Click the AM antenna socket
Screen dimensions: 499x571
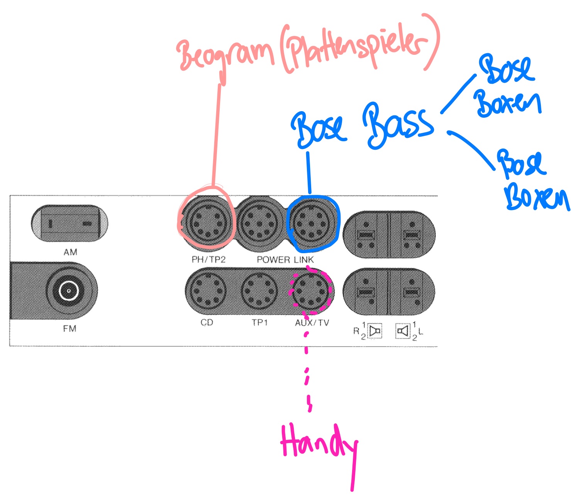pyautogui.click(x=69, y=224)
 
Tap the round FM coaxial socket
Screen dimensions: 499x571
pyautogui.click(x=69, y=291)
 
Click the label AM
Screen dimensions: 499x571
pyautogui.click(x=70, y=252)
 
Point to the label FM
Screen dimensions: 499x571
pyautogui.click(x=69, y=329)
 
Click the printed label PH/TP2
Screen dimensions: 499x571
pyautogui.click(x=208, y=260)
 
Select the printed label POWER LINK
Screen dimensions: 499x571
pyautogui.click(x=285, y=260)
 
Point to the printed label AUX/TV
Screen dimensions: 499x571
pyautogui.click(x=312, y=323)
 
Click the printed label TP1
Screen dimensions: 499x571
pyautogui.click(x=259, y=323)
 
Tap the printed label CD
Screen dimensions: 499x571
pyautogui.click(x=207, y=323)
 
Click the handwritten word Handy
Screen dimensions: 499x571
pyautogui.click(x=319, y=444)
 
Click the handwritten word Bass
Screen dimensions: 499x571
pyautogui.click(x=398, y=125)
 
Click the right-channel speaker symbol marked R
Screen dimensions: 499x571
pyautogui.click(x=374, y=331)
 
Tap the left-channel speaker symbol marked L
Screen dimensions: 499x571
pyautogui.click(x=403, y=331)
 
